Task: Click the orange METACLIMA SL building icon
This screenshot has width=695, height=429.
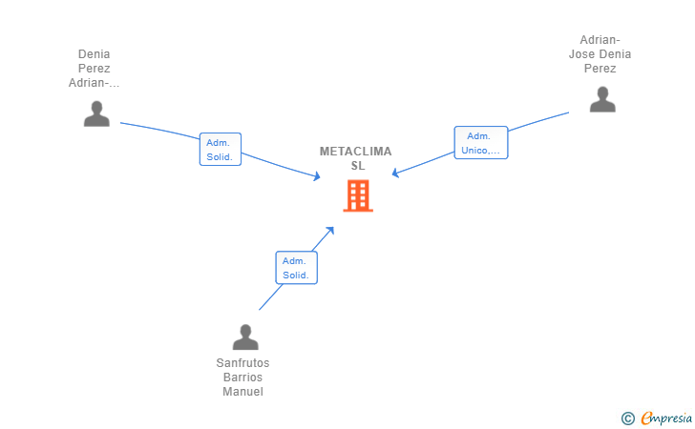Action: [x=358, y=195]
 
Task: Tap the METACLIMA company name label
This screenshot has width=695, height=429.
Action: [x=355, y=152]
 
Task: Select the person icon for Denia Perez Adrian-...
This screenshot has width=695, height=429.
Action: [x=95, y=113]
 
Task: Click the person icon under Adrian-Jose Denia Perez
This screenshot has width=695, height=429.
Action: [x=601, y=99]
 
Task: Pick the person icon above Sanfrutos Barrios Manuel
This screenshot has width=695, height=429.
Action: [x=245, y=337]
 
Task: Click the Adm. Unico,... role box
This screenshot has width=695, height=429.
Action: [x=480, y=143]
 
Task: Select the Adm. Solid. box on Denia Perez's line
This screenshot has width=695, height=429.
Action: [x=220, y=150]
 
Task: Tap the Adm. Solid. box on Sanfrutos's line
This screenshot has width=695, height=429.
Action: [x=296, y=268]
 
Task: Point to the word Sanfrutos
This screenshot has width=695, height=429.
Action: [x=242, y=363]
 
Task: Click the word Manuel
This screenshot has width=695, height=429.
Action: [x=242, y=392]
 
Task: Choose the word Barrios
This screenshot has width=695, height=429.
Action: [x=242, y=378]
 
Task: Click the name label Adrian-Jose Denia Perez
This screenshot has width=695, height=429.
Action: [x=600, y=54]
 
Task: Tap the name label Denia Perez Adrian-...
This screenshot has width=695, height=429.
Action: [x=95, y=69]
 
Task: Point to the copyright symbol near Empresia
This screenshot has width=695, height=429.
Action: [x=627, y=418]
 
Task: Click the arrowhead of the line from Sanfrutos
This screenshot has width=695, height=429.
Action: [x=329, y=230]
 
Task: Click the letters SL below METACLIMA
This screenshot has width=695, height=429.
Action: [x=357, y=165]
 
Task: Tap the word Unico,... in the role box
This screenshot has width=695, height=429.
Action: [x=480, y=150]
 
